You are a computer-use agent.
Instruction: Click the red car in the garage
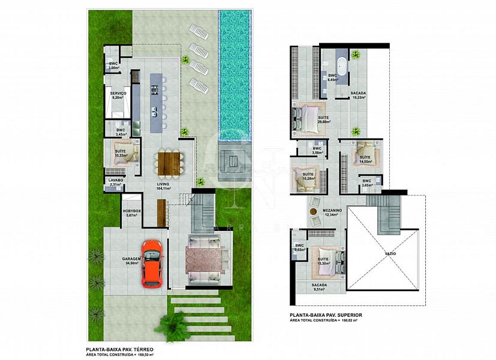pos(152,263)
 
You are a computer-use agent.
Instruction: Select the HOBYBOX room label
pos(131,213)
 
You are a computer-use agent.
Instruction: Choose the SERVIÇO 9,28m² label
pos(118,96)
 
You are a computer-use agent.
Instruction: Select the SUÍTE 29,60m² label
pos(324,119)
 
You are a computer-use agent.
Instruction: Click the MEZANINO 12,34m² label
pos(332,212)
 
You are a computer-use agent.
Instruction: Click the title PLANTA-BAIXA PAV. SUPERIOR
pos(326,315)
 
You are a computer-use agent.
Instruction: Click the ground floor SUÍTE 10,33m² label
pos(121,154)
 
